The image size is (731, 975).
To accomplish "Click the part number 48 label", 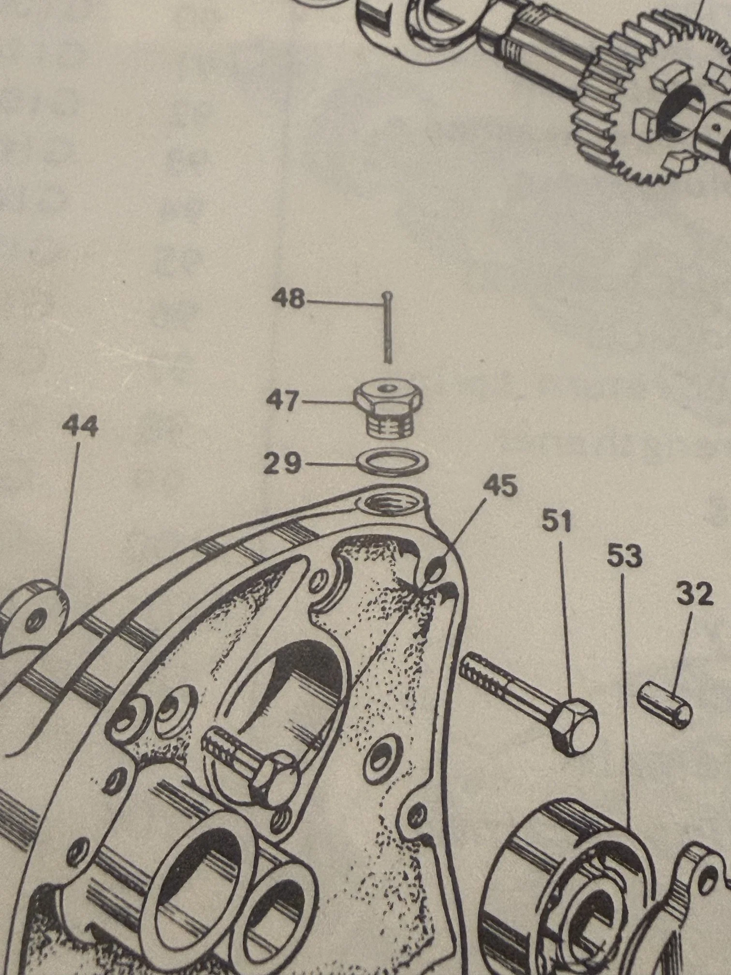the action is pyautogui.click(x=288, y=299).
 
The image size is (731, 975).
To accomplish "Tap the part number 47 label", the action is pyautogui.click(x=283, y=401).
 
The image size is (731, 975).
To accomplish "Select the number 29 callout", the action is pyautogui.click(x=282, y=464).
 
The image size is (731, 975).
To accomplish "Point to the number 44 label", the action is pyautogui.click(x=80, y=428).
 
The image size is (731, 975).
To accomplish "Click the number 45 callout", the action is pyautogui.click(x=499, y=487).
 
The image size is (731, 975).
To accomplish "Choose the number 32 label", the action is pyautogui.click(x=695, y=594).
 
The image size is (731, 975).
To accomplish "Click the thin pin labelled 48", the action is pyautogui.click(x=388, y=328).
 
